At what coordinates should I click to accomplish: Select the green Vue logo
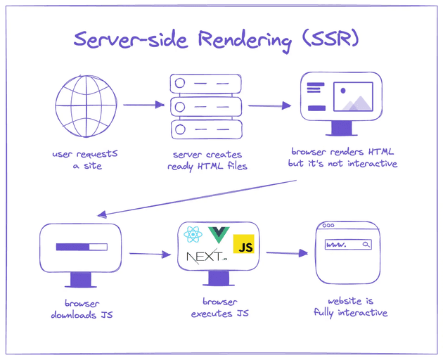point(217,234)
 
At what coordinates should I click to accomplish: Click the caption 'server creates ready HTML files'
point(206,160)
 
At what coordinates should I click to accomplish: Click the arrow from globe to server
point(143,105)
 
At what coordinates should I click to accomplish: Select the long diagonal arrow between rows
point(196,198)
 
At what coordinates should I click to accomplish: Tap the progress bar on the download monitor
point(81,247)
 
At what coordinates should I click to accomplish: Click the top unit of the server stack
point(206,84)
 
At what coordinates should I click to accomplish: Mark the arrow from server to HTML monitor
point(269,106)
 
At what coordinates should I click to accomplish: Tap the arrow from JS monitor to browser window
point(287,252)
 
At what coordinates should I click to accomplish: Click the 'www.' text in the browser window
point(337,245)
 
